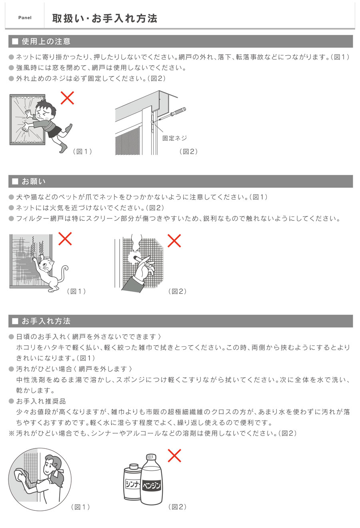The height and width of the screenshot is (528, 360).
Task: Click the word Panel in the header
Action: pos(25,18)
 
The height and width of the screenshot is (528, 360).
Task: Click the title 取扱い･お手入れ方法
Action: pos(105,18)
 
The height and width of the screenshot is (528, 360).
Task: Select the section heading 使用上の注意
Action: pos(46,41)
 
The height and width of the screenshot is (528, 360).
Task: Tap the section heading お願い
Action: pos(34,181)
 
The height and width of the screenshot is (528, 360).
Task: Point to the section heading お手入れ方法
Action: pos(46,321)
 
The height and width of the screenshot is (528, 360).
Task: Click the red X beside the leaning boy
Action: pos(67,98)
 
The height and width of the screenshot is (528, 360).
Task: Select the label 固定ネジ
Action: pos(174,138)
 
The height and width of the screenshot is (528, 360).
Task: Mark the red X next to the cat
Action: pos(65,239)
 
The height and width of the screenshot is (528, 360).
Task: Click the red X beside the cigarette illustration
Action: pos(174,240)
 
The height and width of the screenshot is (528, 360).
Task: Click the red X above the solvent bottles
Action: pos(174,455)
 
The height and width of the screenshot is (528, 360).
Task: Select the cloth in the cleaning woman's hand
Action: pos(20,476)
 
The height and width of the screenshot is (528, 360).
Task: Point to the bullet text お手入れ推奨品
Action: pos(41,401)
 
